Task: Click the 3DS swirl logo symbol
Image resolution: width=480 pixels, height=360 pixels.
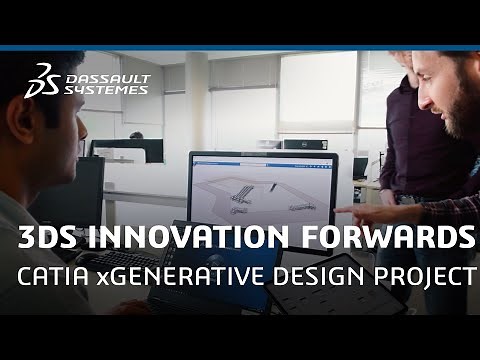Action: tap(43, 78)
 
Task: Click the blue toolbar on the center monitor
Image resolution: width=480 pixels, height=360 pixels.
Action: tap(262, 156)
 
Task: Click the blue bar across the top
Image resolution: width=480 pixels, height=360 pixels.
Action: tap(240, 47)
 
